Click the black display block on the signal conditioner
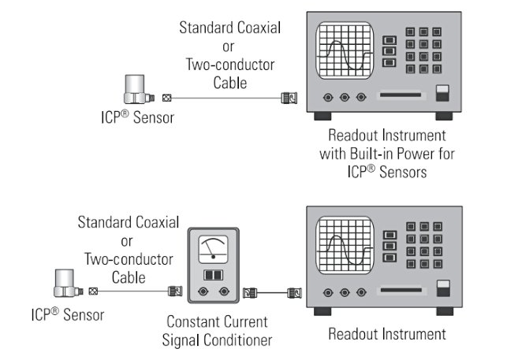[211, 275]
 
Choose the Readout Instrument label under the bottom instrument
[386, 334]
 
